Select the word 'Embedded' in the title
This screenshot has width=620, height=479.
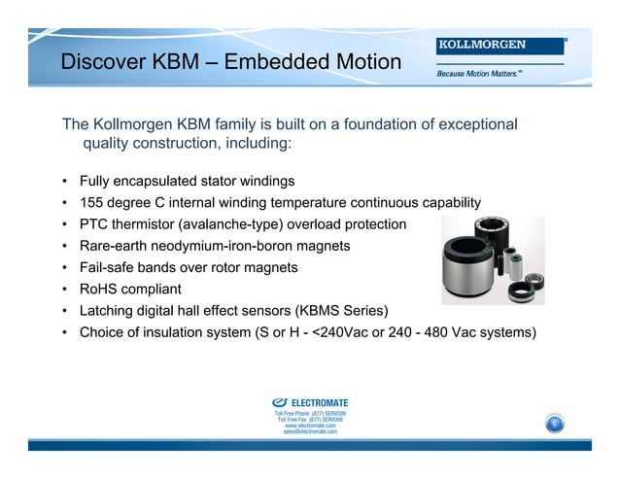(275, 63)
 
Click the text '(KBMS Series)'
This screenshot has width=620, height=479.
(343, 310)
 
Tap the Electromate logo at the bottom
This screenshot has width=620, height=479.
(311, 402)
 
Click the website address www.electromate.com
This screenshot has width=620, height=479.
(310, 426)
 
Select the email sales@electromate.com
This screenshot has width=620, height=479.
(310, 431)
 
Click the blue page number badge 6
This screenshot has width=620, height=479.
(554, 425)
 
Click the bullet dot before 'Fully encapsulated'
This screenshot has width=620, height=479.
(64, 183)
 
